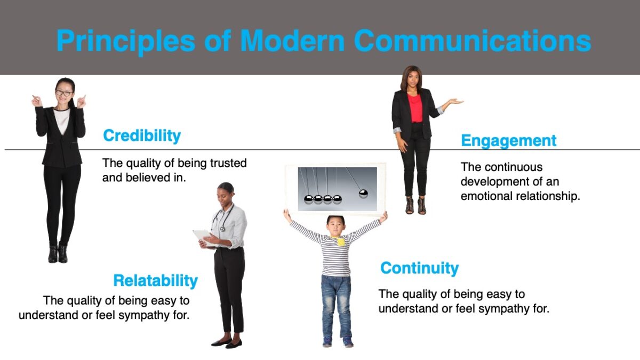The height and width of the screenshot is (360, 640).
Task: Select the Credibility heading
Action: [142, 135]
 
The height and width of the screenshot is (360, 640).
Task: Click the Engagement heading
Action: [508, 141]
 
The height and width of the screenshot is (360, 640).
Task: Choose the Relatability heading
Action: [155, 281]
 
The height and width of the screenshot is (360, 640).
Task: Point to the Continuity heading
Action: [419, 268]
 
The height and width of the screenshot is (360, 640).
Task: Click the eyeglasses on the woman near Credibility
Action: [63, 93]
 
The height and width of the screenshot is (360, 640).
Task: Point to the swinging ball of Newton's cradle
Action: [363, 193]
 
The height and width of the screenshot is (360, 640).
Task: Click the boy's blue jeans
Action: [336, 304]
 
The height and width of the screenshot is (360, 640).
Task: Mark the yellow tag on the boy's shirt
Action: [340, 242]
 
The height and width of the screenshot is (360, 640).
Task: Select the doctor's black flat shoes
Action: [227, 343]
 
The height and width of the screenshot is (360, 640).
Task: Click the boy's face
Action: [335, 226]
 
